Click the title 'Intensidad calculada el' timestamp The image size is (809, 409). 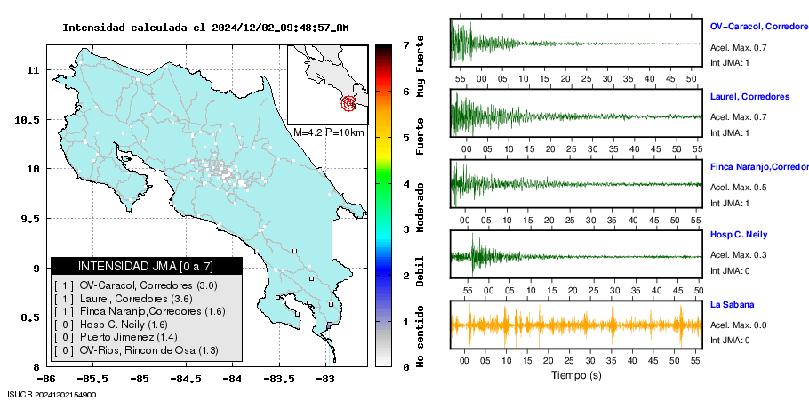point(205,28)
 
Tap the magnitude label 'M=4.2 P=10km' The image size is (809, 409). point(328,132)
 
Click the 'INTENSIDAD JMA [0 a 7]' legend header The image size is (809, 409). point(147,266)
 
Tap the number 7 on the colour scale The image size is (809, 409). point(405,44)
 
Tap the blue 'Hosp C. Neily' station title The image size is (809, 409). point(740,235)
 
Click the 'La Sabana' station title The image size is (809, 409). point(731,305)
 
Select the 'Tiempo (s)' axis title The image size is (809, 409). point(575,375)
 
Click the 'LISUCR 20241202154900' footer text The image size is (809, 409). point(50,394)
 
